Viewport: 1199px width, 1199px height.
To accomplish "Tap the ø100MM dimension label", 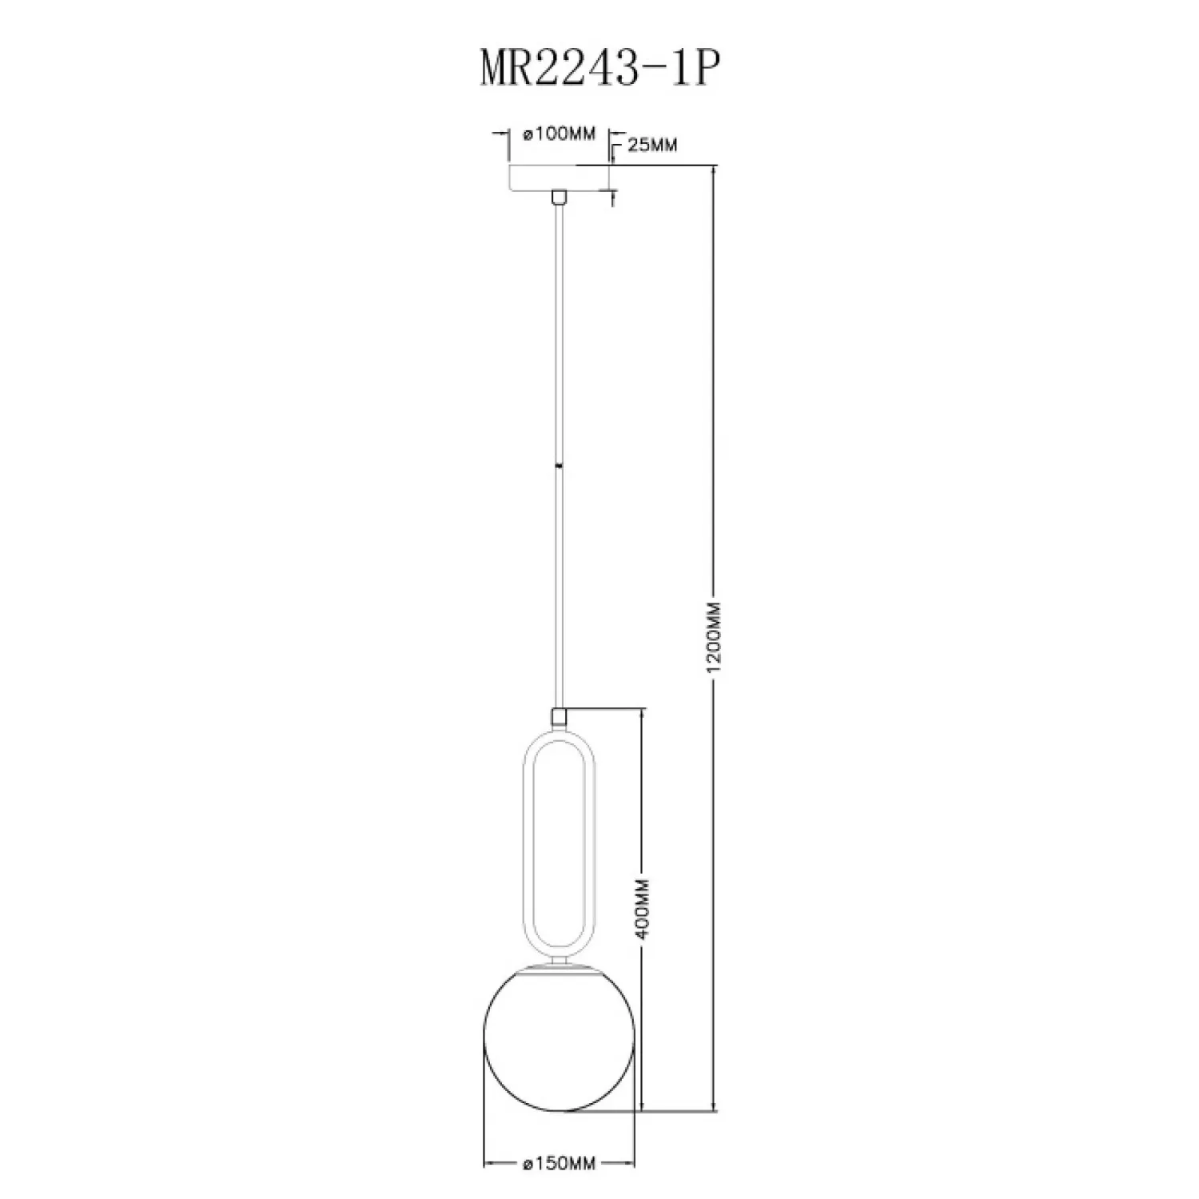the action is point(560,134).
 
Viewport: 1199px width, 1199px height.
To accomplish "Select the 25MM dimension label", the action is point(652,145).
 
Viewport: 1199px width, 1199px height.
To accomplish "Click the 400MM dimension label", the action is point(646,909).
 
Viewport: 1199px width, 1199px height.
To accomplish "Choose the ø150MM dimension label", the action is point(560,1164).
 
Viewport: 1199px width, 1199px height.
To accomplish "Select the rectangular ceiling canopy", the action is point(560,177).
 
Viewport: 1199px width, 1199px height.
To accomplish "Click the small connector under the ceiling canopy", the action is point(560,196).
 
